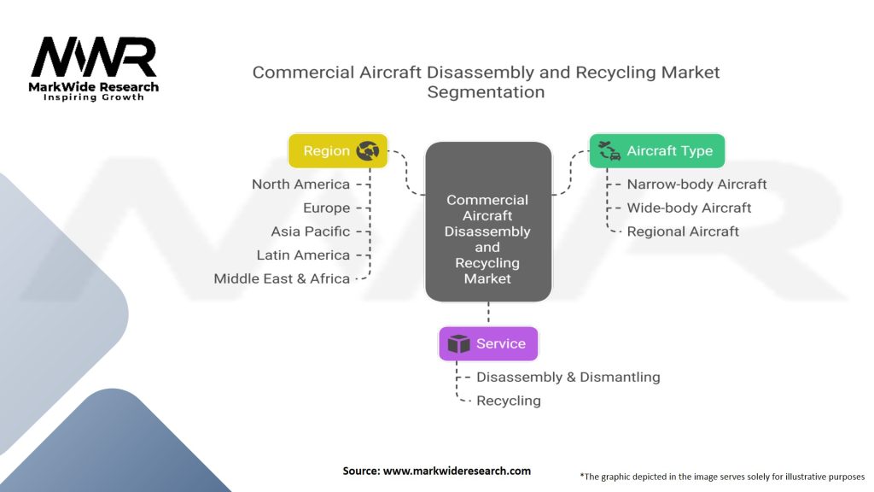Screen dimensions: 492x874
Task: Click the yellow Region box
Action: pyautogui.click(x=338, y=151)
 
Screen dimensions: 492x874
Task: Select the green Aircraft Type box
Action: pyautogui.click(x=656, y=151)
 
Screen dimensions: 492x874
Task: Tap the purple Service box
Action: pyautogui.click(x=487, y=343)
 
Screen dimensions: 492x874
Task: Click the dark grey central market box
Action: pyautogui.click(x=487, y=222)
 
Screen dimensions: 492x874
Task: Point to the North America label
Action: pyautogui.click(x=300, y=184)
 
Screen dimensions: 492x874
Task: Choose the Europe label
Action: pyautogui.click(x=326, y=208)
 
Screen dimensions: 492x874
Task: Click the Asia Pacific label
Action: pyautogui.click(x=311, y=231)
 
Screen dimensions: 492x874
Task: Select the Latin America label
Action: pyautogui.click(x=303, y=255)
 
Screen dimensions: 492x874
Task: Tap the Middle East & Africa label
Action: pyautogui.click(x=282, y=278)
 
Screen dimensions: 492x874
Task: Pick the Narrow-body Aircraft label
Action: pyautogui.click(x=696, y=184)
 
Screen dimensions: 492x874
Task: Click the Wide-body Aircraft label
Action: pyautogui.click(x=689, y=208)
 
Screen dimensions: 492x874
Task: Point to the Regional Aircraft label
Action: pyautogui.click(x=683, y=231)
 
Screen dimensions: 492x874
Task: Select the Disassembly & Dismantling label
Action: pyautogui.click(x=568, y=377)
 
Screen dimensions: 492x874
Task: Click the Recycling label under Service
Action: pyautogui.click(x=508, y=401)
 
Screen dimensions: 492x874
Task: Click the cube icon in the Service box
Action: pyautogui.click(x=459, y=343)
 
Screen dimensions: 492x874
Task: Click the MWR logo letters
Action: pyautogui.click(x=94, y=58)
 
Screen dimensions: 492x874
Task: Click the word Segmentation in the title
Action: pyautogui.click(x=486, y=92)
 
